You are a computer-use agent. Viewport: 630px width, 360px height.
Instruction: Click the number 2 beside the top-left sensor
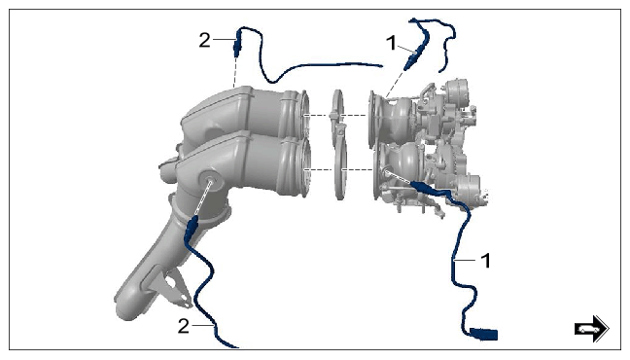pyautogui.click(x=204, y=40)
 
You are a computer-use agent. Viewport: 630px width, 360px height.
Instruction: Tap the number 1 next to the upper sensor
pyautogui.click(x=392, y=43)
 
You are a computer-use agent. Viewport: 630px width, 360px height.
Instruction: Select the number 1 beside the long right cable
pyautogui.click(x=486, y=261)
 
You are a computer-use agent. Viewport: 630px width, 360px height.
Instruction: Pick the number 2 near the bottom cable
pyautogui.click(x=183, y=326)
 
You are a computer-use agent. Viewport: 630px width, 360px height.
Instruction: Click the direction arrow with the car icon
pyautogui.click(x=591, y=329)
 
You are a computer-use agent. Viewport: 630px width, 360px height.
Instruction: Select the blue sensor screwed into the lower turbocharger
pyautogui.click(x=423, y=187)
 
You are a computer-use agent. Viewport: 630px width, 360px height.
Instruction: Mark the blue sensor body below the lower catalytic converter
pyautogui.click(x=191, y=228)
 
